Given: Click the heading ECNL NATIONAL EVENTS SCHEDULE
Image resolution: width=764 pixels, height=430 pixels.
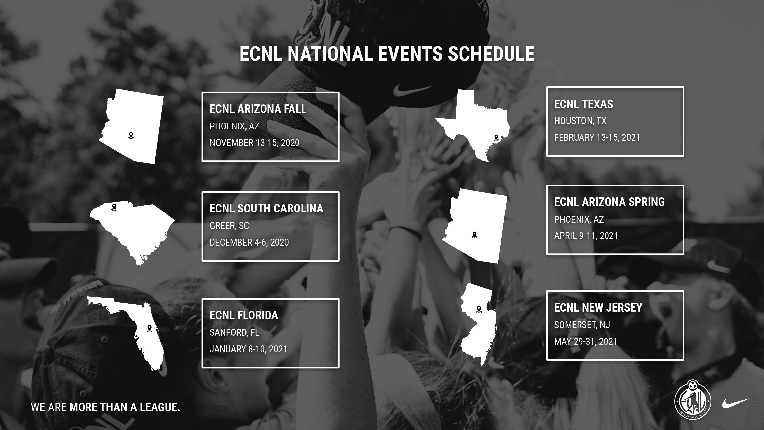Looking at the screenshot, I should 387,54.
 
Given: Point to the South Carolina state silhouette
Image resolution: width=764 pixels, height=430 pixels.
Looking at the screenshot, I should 133,229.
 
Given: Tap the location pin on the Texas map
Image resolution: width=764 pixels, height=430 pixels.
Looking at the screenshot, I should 496,137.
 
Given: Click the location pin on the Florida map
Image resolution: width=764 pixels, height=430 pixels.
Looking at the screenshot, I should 149,328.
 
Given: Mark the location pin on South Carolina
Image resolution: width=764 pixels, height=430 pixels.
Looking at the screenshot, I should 114,207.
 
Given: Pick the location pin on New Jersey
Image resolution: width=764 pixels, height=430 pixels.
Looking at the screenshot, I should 478,309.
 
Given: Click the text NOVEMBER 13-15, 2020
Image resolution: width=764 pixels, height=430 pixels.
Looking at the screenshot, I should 254,143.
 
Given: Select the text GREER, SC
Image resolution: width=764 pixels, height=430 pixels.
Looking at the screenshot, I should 229,226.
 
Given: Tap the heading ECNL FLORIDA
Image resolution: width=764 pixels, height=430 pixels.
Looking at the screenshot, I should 244,315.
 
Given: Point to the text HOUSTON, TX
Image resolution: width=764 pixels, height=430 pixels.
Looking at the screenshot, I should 580,121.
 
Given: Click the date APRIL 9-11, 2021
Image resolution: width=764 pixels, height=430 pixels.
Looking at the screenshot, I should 586,236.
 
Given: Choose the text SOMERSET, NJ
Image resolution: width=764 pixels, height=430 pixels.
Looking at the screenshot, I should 582,325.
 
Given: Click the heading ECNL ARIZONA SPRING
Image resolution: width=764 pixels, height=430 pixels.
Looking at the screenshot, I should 609,202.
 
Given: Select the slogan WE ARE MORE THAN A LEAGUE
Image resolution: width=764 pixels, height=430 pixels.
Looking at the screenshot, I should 105,407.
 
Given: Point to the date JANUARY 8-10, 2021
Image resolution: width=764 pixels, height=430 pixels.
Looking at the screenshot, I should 248,349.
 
